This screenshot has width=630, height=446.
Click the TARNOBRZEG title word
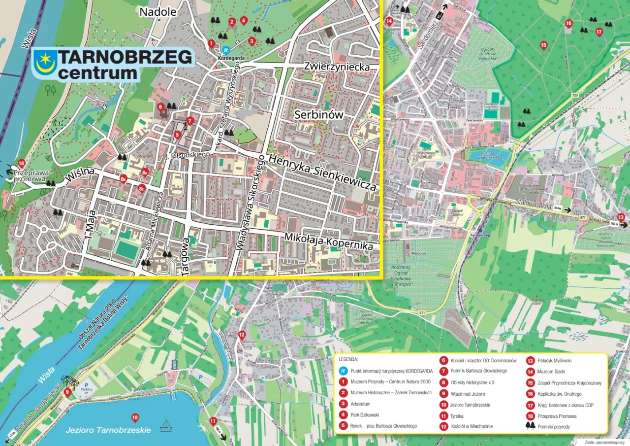tap(126, 58)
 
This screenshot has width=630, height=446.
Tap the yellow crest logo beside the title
tap(44, 63)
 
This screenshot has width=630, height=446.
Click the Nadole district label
tap(157, 12)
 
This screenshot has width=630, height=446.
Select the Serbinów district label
tap(318, 115)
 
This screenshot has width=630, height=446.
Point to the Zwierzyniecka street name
tap(337, 67)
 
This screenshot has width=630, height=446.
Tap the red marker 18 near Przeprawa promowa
tap(21, 163)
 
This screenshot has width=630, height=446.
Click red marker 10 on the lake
tap(135, 418)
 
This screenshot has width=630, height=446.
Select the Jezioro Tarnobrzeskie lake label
tap(108, 430)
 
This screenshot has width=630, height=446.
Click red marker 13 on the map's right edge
tap(621, 217)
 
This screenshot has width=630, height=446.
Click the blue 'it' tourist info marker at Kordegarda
tap(226, 50)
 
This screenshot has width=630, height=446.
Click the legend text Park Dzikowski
tap(365, 415)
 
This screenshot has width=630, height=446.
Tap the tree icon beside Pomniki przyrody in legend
tap(530, 425)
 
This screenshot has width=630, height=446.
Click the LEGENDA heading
tap(349, 359)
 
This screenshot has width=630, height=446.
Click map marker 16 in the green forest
tap(568, 23)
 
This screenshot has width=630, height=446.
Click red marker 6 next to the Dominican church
tap(160, 106)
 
